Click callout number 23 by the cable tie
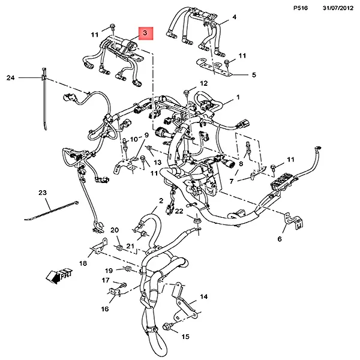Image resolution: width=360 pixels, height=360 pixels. (x=43, y=193)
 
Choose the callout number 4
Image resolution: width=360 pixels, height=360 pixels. (x=234, y=17)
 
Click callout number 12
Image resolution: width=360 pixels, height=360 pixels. (x=204, y=83)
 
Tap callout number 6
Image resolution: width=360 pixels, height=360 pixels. (x=279, y=239)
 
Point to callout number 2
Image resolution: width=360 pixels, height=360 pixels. (x=161, y=200)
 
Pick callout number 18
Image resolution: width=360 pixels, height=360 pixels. (x=83, y=263)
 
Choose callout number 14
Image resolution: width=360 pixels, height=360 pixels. (x=203, y=296)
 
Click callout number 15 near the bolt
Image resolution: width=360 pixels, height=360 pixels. (x=185, y=337)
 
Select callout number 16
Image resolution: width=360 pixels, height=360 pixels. (x=105, y=309)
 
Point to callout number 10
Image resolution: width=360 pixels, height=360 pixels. (x=134, y=139)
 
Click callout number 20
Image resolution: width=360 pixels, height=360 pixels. (x=115, y=230)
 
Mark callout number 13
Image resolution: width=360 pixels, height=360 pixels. (x=158, y=162)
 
